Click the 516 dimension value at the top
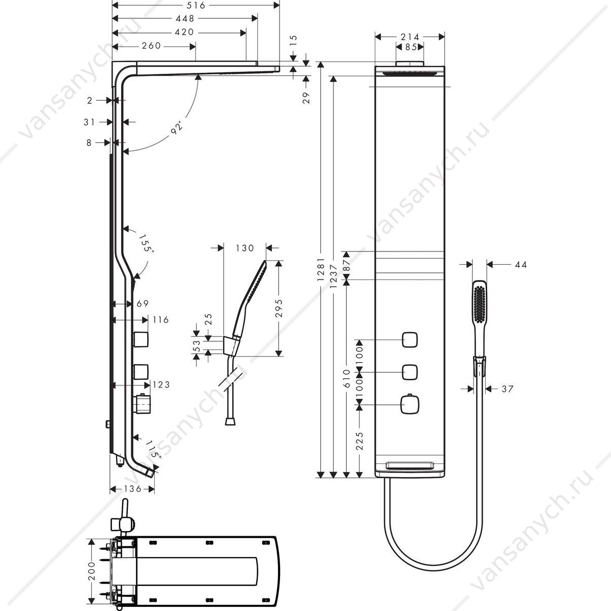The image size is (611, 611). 196,6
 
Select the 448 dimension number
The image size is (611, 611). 185,19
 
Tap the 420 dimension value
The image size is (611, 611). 184,33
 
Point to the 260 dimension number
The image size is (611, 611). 152,46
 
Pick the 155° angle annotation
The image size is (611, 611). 146,243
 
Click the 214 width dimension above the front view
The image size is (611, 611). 410,37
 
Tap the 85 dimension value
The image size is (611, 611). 410,47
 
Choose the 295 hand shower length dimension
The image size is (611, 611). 279,308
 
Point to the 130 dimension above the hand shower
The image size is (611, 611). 245,248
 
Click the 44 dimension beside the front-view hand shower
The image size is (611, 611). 521,264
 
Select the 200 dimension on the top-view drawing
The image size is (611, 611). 92,571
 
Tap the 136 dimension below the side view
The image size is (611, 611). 133,489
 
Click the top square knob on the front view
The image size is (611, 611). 410,340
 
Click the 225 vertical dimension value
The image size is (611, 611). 359,441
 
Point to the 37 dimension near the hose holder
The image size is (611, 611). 507,388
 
